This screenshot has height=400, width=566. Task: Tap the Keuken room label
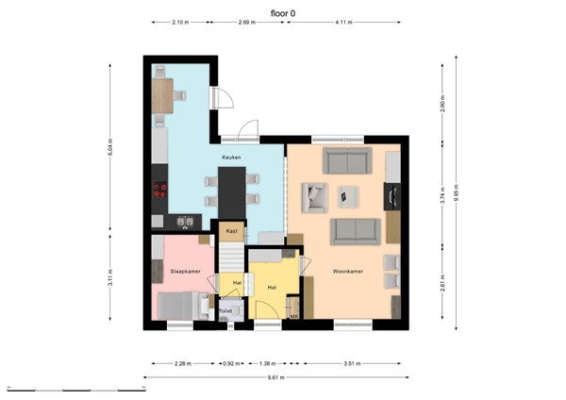(x=231, y=158)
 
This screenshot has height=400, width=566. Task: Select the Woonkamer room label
(x=348, y=272)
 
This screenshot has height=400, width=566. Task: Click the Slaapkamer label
(x=185, y=271)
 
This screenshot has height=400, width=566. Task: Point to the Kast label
(x=231, y=230)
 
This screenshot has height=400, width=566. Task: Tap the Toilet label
(x=225, y=309)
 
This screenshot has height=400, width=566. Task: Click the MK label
(x=293, y=316)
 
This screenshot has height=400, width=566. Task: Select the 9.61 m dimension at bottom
(x=276, y=377)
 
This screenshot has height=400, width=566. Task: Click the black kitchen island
(x=231, y=192)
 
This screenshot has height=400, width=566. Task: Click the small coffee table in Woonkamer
(x=349, y=196)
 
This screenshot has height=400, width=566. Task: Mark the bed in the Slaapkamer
(x=176, y=307)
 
